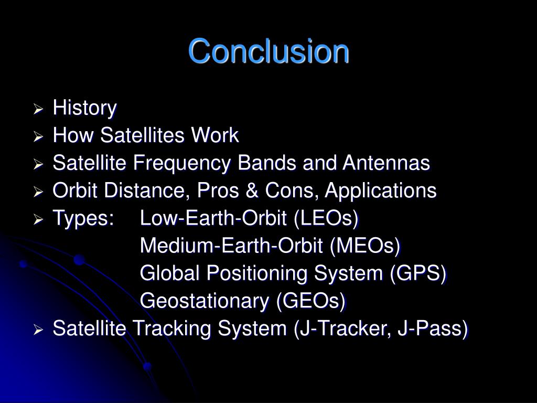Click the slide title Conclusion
(268, 51)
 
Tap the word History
(84, 108)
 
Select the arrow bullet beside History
(38, 110)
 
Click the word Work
(214, 135)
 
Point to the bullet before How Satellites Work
(38, 137)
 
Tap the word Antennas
(386, 163)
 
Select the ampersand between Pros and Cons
(252, 190)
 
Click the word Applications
(381, 191)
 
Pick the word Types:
(83, 219)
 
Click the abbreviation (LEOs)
(326, 218)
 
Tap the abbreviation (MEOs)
(365, 246)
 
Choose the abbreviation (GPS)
(418, 273)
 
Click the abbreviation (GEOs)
(311, 301)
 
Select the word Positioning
(257, 274)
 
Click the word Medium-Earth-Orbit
(231, 246)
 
